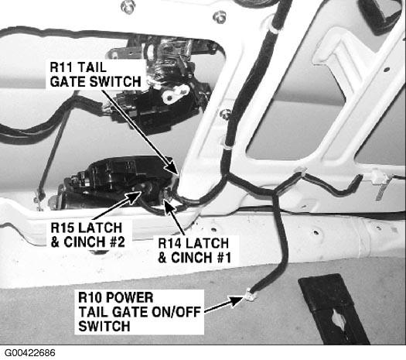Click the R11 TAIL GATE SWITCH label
pyautogui.click(x=95, y=74)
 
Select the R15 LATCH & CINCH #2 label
pyautogui.click(x=88, y=235)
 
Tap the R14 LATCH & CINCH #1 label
pyautogui.click(x=194, y=250)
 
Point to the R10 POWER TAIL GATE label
pyautogui.click(x=139, y=312)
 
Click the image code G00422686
pyautogui.click(x=30, y=353)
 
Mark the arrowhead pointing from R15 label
pyautogui.click(x=135, y=196)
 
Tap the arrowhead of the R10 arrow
pyautogui.click(x=237, y=300)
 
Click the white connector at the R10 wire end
pyautogui.click(x=250, y=295)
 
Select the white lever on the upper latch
pyautogui.click(x=175, y=94)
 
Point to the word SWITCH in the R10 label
pyautogui.click(x=104, y=326)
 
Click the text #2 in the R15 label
pyautogui.click(x=117, y=242)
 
